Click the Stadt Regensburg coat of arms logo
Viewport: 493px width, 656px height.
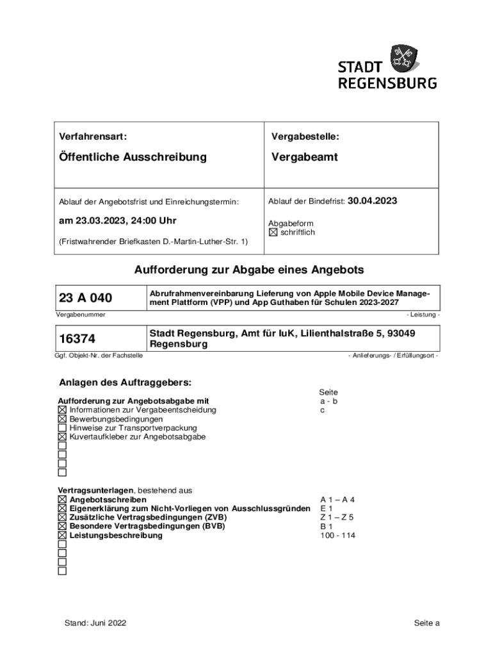point(405,58)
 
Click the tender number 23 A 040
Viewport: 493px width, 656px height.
point(85,298)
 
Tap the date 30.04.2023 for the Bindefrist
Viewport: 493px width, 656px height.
point(372,201)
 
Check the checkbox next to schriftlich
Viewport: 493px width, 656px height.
point(273,233)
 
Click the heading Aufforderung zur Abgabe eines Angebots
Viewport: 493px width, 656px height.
point(249,270)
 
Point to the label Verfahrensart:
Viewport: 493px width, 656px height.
point(93,136)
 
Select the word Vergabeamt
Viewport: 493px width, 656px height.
point(304,157)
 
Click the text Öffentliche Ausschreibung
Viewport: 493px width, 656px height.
point(133,157)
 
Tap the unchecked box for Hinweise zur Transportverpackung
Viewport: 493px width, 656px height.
point(62,428)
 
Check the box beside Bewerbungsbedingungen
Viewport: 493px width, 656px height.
point(62,419)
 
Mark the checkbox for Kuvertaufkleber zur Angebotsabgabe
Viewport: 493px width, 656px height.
point(62,437)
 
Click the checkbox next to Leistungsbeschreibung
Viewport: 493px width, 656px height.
point(62,536)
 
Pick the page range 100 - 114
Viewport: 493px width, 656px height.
point(337,536)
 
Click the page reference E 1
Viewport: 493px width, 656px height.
point(327,509)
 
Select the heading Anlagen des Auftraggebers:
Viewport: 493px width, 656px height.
point(125,383)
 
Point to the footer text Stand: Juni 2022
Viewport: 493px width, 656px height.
point(95,623)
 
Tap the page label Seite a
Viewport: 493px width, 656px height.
point(426,623)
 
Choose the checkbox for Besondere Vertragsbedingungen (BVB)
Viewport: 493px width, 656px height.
point(62,527)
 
